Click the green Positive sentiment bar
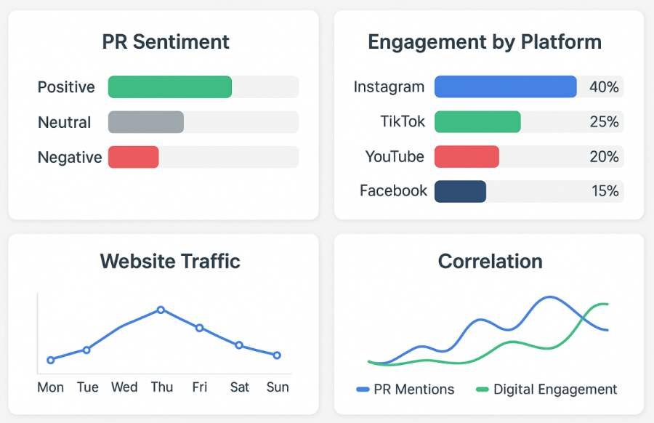point(169,86)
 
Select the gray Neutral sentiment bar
point(145,122)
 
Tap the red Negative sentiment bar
point(133,157)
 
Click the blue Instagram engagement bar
point(505,86)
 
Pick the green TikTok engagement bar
point(477,121)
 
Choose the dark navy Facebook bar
point(460,191)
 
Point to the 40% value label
point(604,87)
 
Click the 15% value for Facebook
point(604,191)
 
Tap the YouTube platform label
point(395,156)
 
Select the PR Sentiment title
point(166,41)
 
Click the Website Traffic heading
point(170,260)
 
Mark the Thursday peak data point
point(161,310)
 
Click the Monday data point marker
point(51,360)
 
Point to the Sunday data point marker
point(277,355)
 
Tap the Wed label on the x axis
point(124,387)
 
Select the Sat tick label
point(239,387)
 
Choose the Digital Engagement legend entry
point(546,390)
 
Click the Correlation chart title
point(490,261)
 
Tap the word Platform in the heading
point(561,42)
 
